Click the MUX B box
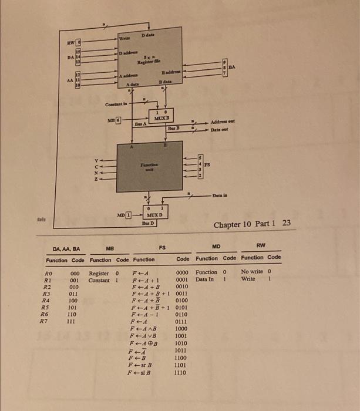(161, 116)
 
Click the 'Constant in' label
(117, 104)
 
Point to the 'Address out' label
(223, 121)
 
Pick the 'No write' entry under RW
(251, 272)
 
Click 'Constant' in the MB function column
(99, 280)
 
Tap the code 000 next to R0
(75, 272)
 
